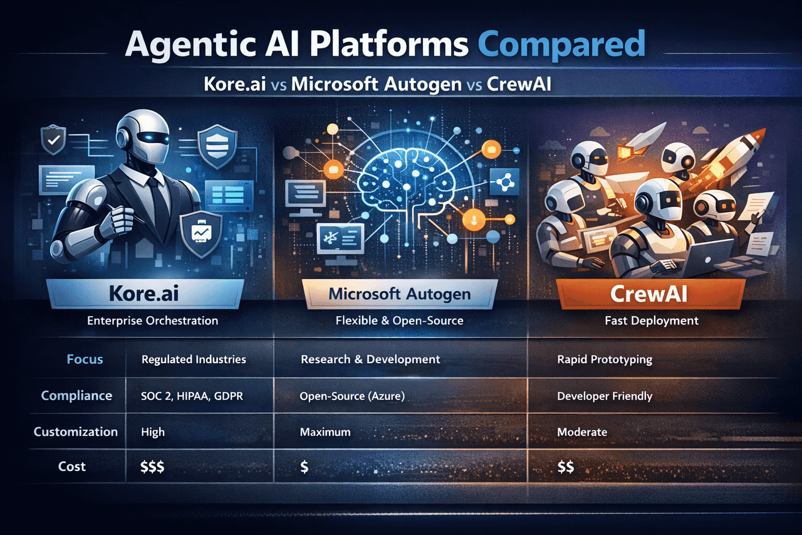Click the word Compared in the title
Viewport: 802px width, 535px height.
[x=561, y=45]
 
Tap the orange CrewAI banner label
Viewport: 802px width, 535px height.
[x=648, y=294]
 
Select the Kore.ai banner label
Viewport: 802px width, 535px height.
[x=144, y=294]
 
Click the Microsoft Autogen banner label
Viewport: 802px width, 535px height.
[x=400, y=294]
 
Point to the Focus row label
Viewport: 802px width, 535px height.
[x=85, y=359]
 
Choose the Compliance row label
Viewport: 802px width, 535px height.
[x=76, y=396]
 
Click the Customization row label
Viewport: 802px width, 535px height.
[x=76, y=432]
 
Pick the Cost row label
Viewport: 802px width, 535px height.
[x=72, y=466]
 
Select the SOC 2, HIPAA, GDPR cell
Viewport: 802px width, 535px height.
[x=192, y=396]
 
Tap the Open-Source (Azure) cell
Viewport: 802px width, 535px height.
[x=352, y=396]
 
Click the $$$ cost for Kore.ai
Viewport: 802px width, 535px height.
[x=152, y=467]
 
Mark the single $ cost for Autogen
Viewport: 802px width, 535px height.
[x=304, y=467]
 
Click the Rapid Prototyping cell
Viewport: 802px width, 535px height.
[x=605, y=359]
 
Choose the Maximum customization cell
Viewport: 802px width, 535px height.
[x=325, y=432]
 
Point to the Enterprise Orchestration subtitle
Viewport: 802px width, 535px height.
[x=152, y=320]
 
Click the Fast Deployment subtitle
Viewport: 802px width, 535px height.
[x=652, y=320]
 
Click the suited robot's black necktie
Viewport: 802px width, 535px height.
[x=157, y=201]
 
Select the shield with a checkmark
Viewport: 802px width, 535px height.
[x=53, y=139]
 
